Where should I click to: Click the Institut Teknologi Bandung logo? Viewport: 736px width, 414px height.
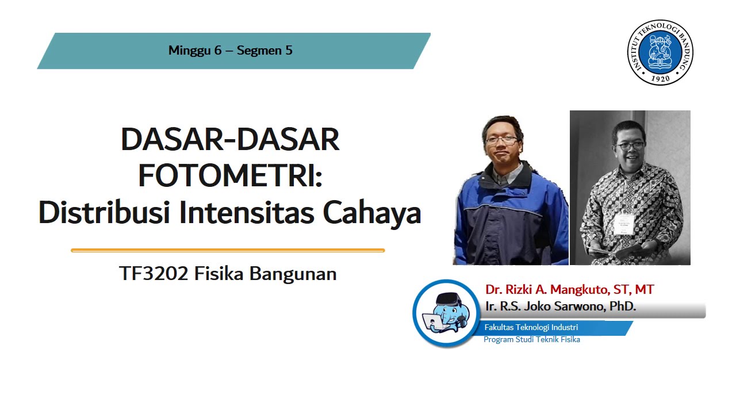tap(660, 52)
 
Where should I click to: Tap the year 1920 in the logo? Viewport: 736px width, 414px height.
tap(660, 79)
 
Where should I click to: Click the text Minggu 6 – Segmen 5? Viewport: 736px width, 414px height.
tap(231, 51)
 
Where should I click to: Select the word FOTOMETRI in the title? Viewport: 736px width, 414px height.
tap(230, 176)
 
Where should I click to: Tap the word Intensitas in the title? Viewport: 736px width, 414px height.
tap(246, 213)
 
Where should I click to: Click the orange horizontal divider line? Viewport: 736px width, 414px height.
tap(228, 251)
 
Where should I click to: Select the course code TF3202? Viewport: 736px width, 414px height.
tap(154, 274)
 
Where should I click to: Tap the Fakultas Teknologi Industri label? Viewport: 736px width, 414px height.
tap(531, 327)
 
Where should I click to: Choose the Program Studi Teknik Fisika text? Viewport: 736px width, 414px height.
tap(531, 340)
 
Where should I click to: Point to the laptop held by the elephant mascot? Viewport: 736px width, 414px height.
tap(432, 323)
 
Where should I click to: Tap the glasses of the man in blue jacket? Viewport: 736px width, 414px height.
tap(501, 139)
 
